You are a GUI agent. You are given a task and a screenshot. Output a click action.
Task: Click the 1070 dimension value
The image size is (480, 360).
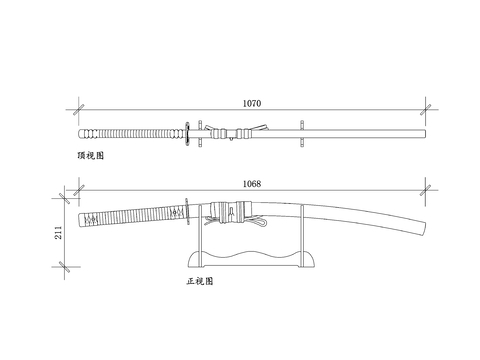click(x=252, y=103)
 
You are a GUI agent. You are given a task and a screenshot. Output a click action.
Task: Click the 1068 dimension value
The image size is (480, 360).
click(x=252, y=184)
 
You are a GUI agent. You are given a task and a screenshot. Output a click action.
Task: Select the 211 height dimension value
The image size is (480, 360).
click(x=58, y=232)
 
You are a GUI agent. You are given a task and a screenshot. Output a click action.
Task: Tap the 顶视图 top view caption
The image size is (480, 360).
click(x=91, y=155)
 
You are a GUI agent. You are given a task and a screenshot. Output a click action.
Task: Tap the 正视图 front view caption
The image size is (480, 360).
click(x=200, y=281)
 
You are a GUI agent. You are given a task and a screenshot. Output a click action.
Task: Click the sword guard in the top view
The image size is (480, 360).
click(x=187, y=134)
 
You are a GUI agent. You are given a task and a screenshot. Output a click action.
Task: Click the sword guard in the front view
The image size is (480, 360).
click(x=187, y=211)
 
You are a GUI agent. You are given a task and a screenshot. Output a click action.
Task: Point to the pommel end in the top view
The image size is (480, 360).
click(x=80, y=134)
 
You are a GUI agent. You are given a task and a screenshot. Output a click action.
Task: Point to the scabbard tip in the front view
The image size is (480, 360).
click(x=425, y=229)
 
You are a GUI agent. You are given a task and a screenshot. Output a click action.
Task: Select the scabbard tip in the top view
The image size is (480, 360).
click(x=425, y=134)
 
